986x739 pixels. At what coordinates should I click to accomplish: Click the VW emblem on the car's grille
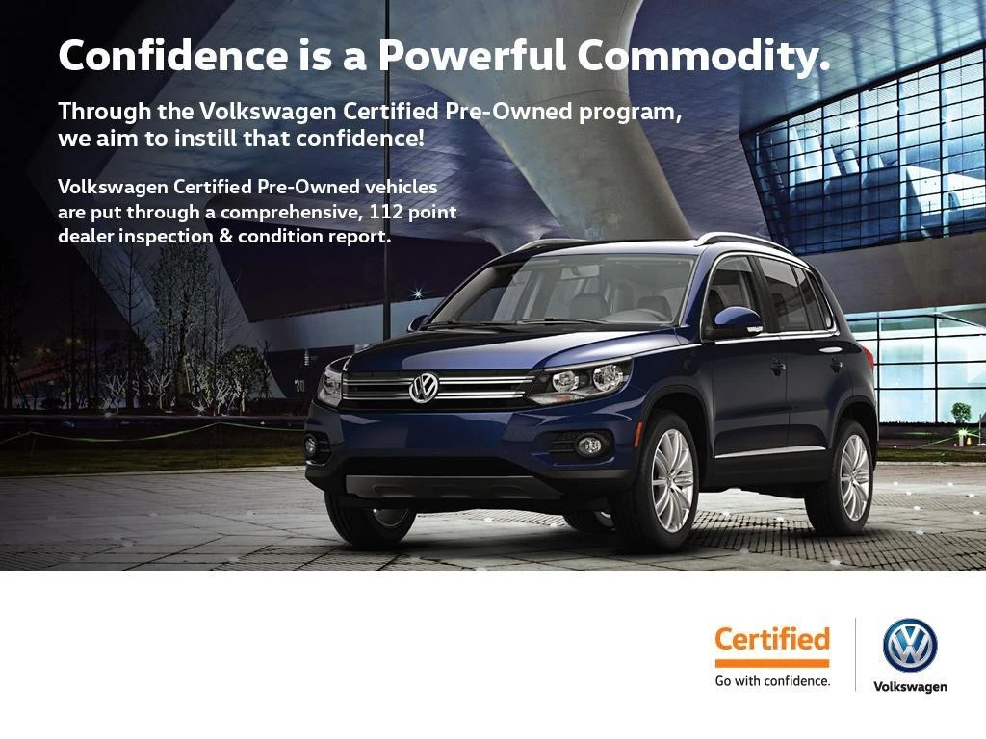tap(424, 388)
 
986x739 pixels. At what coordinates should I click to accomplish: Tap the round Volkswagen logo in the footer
tap(910, 645)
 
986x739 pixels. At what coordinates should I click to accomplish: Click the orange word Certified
tap(771, 639)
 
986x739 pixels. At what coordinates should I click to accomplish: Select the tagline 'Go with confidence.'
tap(771, 681)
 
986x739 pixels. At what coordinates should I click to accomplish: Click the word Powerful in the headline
tap(471, 56)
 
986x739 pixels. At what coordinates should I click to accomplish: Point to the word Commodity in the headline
tap(703, 56)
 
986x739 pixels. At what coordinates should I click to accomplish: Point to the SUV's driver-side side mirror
tap(738, 319)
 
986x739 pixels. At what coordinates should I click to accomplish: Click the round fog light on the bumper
tap(589, 445)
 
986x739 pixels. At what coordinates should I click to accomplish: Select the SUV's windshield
tap(568, 290)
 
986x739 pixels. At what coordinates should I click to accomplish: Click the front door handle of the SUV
tap(776, 366)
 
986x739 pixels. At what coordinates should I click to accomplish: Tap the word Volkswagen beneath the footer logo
tap(910, 686)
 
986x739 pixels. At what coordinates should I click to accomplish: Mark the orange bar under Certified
tap(771, 662)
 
